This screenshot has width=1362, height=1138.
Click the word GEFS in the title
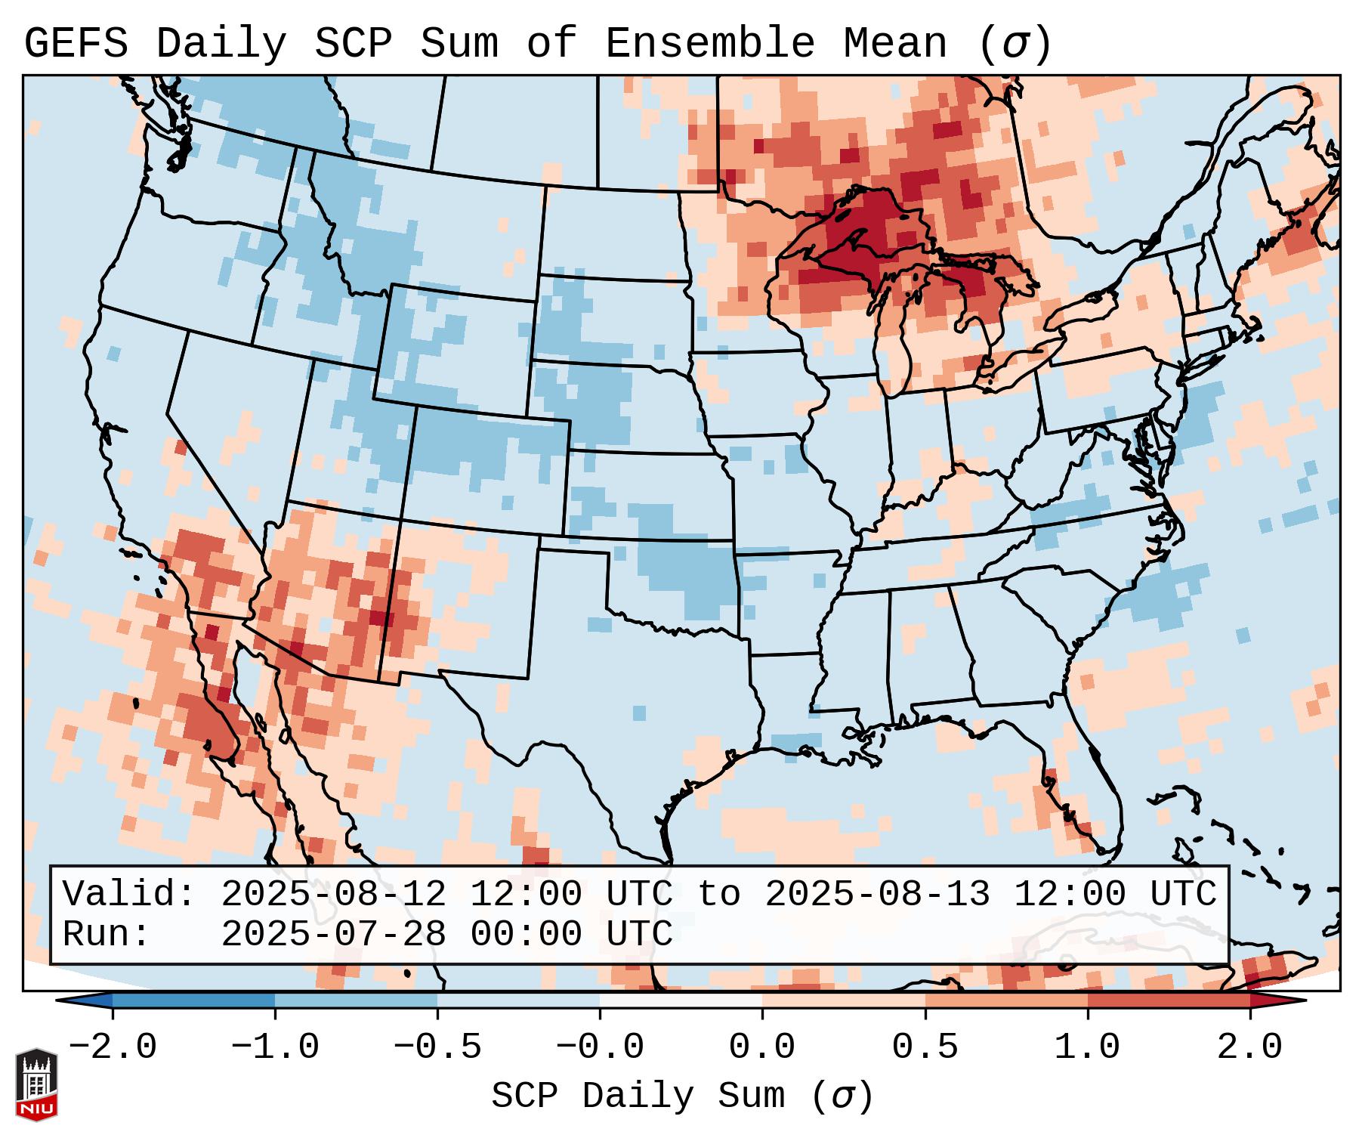click(76, 44)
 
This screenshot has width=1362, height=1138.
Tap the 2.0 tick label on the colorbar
click(1250, 1047)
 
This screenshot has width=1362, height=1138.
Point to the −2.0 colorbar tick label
click(113, 1047)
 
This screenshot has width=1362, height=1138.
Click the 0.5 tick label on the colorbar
click(925, 1047)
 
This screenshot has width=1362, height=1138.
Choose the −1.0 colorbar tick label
click(275, 1047)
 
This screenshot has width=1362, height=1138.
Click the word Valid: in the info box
click(128, 894)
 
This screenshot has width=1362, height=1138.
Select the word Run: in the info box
click(106, 935)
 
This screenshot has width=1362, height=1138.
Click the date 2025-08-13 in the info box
click(877, 894)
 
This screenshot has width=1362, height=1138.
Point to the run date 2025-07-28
click(333, 935)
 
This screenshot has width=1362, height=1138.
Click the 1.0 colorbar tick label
click(1088, 1047)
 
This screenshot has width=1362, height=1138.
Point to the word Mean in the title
click(894, 44)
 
